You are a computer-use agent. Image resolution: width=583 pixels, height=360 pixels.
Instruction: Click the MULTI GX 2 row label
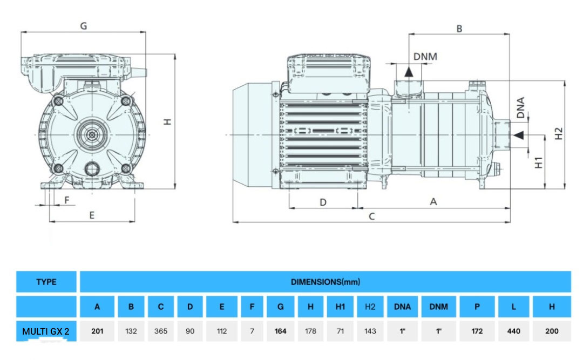pos(46,331)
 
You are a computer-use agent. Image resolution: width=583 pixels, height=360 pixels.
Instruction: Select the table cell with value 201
pos(97,331)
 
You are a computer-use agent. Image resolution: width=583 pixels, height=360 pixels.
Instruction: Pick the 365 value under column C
pos(161,331)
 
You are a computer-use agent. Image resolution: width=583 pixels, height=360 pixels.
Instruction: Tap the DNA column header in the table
pos(402,307)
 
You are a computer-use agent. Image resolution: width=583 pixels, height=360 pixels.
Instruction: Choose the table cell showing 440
pos(513,331)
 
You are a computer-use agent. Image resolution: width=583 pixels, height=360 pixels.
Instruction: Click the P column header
pos(477,307)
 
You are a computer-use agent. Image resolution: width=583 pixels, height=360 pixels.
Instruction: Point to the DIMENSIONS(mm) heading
pos(325,282)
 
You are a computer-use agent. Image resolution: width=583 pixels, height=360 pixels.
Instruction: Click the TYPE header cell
pos(46,282)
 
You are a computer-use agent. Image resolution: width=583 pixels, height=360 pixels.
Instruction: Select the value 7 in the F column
pos(252,331)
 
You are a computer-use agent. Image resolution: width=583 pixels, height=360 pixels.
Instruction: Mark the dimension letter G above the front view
pos(84,25)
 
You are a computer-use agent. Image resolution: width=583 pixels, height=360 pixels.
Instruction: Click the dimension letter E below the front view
pos(92,215)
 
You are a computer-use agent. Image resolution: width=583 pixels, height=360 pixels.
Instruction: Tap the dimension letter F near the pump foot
pos(67,200)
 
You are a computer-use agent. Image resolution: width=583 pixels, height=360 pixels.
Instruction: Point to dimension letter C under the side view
pos(371,216)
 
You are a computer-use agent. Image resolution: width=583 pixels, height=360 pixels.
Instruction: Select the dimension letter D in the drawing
pos(323,202)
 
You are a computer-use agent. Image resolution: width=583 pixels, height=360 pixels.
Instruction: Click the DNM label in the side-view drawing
pos(425,57)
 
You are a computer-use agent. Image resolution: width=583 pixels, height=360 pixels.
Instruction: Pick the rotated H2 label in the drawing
pos(559,133)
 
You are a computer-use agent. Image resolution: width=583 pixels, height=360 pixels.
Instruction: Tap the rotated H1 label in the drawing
pos(538,162)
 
